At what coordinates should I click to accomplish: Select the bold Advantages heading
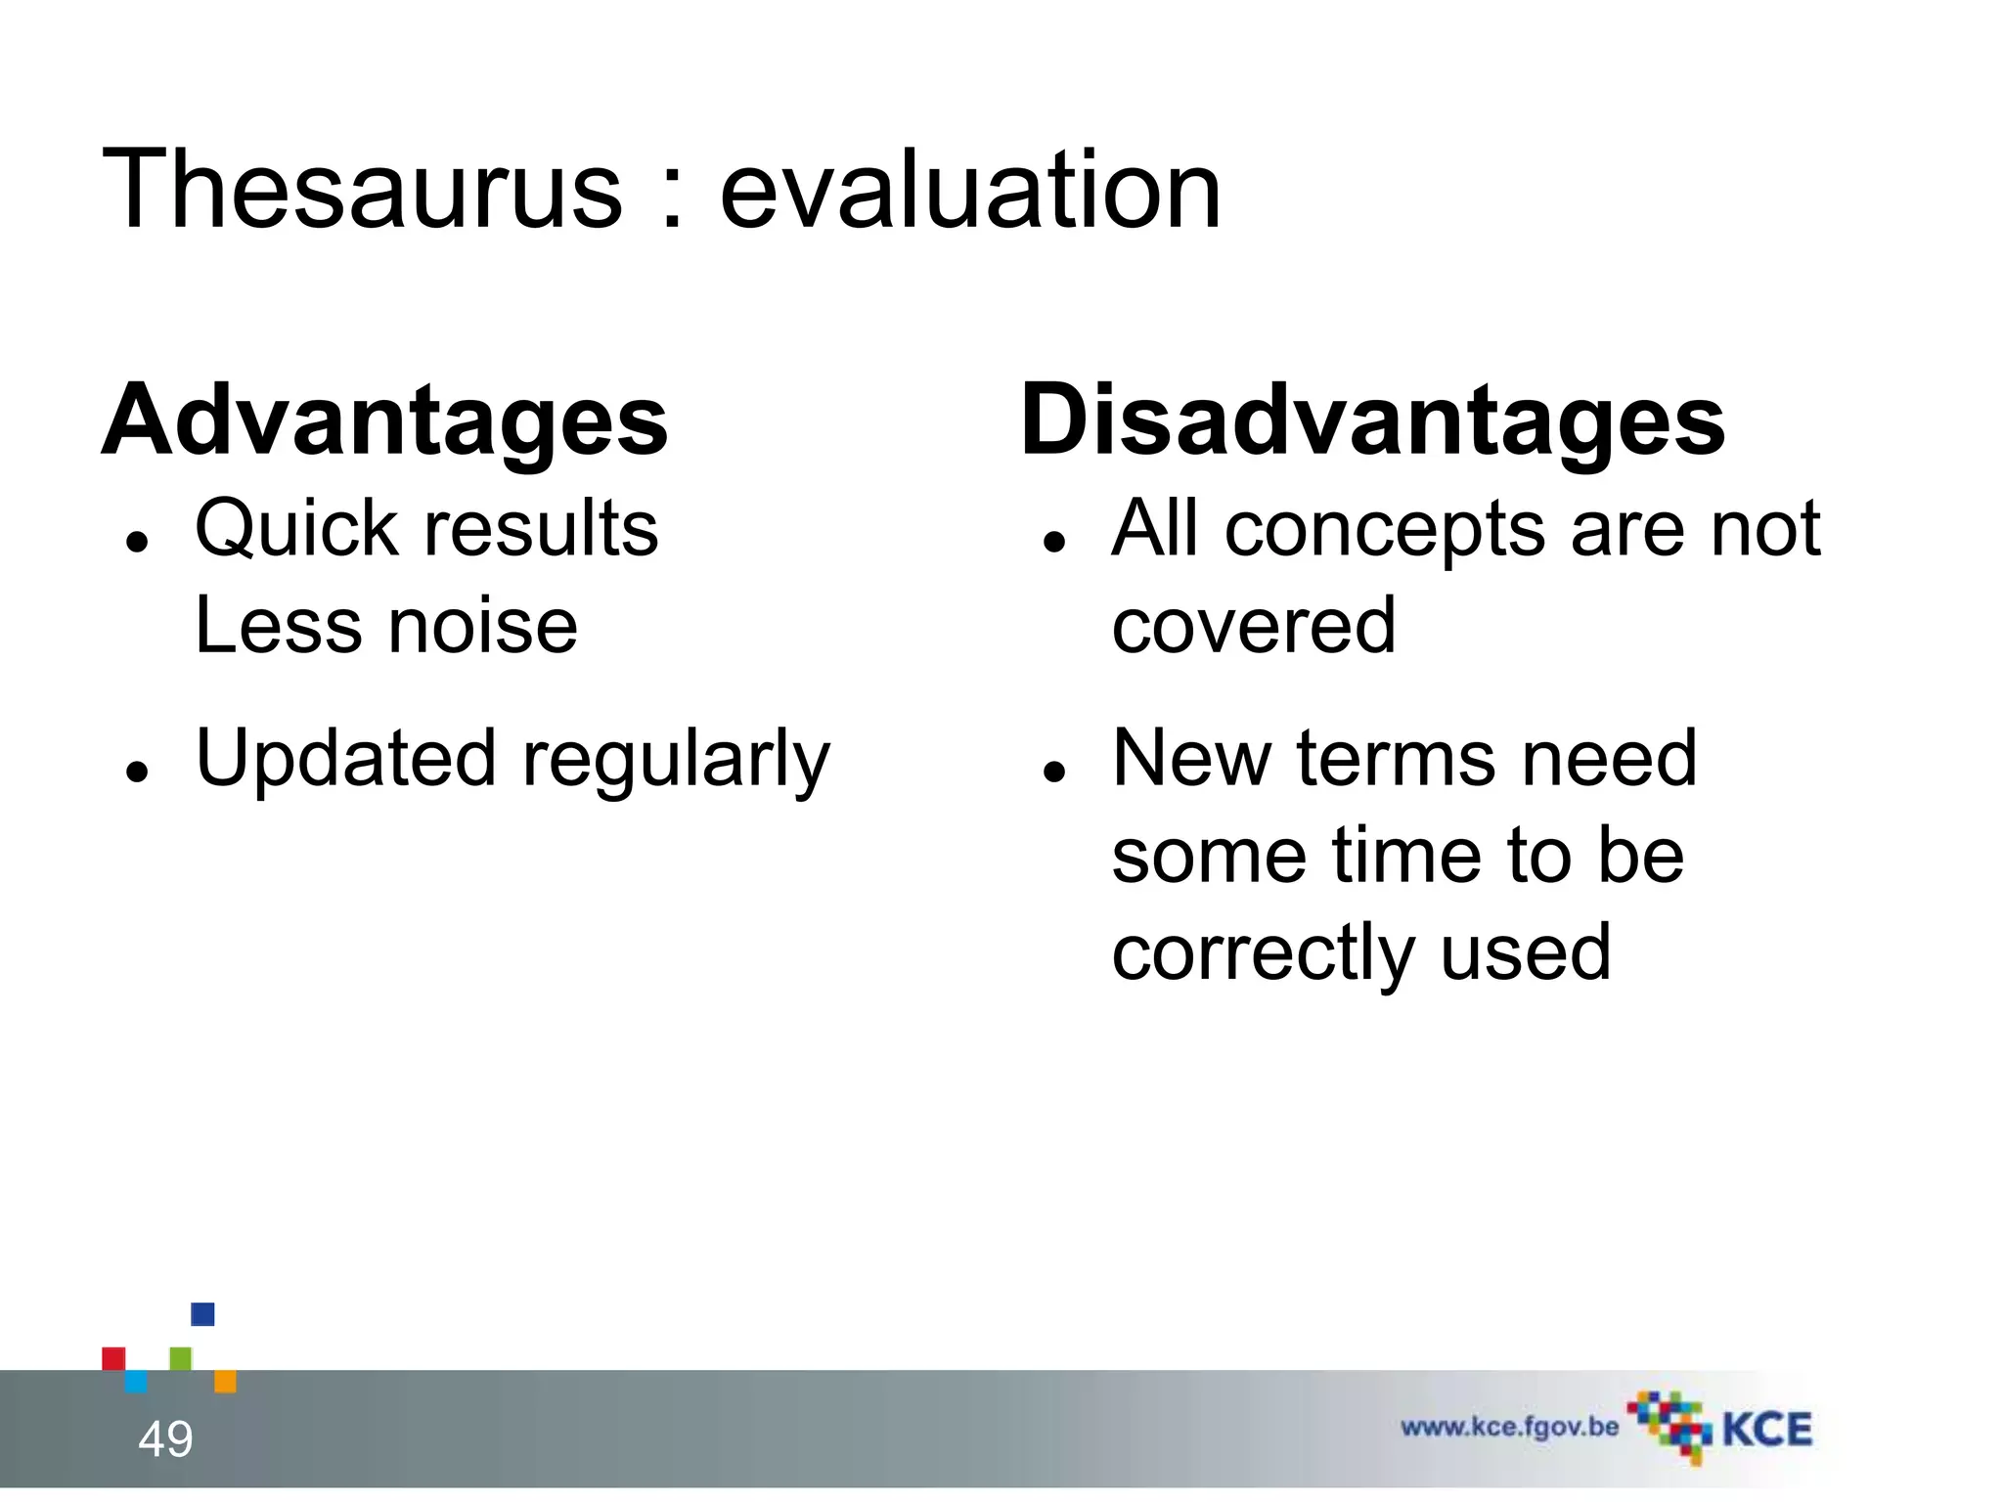coord(384,420)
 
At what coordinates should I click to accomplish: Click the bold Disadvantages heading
coord(1372,420)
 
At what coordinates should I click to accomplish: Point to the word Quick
coord(296,529)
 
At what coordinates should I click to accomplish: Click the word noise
coord(483,627)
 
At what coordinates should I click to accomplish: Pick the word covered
coord(1254,627)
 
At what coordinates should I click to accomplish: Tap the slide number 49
coord(165,1439)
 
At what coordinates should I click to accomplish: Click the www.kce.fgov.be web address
coord(1509,1427)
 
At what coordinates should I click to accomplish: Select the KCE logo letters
coord(1766,1430)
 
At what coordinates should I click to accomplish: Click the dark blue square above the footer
coord(202,1313)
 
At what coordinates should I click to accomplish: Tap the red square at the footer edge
coord(113,1358)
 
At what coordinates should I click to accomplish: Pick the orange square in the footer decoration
coord(225,1381)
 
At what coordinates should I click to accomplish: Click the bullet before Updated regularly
coord(137,771)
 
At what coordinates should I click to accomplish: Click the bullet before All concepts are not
coord(1053,541)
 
